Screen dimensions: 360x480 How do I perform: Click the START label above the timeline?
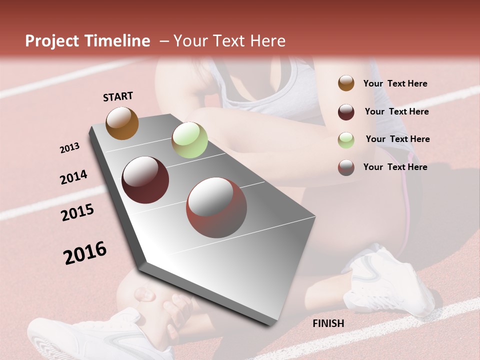pyautogui.click(x=118, y=96)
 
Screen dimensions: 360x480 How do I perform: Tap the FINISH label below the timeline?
pyautogui.click(x=328, y=323)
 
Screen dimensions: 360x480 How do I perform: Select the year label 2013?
pyautogui.click(x=70, y=148)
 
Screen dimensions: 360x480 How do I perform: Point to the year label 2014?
pyautogui.click(x=73, y=177)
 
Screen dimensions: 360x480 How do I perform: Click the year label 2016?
pyautogui.click(x=85, y=253)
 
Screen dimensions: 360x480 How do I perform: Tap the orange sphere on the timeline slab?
pyautogui.click(x=122, y=123)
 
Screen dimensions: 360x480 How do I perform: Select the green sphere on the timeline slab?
pyautogui.click(x=189, y=140)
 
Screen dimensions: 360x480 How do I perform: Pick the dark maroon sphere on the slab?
pyautogui.click(x=145, y=180)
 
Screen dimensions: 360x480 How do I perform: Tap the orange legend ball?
pyautogui.click(x=346, y=83)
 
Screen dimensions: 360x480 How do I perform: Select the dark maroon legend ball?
pyautogui.click(x=346, y=112)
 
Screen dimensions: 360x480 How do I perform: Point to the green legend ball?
pyautogui.click(x=346, y=139)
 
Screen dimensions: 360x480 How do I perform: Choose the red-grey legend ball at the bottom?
pyautogui.click(x=346, y=167)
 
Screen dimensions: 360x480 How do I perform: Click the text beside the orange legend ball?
pyautogui.click(x=395, y=83)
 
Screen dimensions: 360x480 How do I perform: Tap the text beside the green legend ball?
pyautogui.click(x=397, y=139)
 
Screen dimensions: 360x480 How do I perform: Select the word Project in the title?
pyautogui.click(x=52, y=41)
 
